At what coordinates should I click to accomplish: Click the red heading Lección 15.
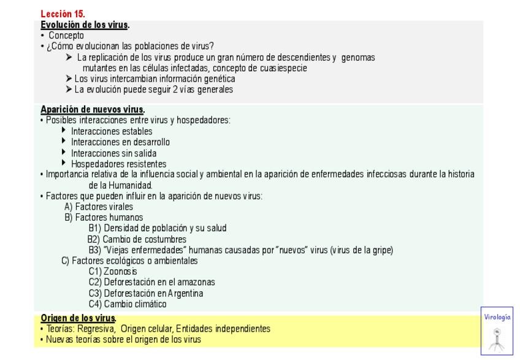(63, 13)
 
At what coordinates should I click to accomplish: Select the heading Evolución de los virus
(85, 25)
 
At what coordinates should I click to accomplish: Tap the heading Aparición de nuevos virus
(92, 110)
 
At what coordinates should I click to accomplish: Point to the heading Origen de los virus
(78, 318)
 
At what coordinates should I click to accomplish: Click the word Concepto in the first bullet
(66, 36)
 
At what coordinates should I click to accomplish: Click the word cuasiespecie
(283, 68)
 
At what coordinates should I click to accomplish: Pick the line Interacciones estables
(112, 131)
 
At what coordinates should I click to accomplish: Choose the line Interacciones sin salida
(113, 153)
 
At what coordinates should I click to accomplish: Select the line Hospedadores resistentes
(118, 164)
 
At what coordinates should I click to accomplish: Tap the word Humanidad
(130, 185)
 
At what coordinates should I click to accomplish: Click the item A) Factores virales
(99, 207)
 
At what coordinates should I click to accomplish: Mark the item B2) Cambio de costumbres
(137, 239)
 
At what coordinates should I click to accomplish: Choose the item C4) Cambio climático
(128, 304)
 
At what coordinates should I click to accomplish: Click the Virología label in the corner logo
(497, 317)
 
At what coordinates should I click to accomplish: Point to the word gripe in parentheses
(381, 250)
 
